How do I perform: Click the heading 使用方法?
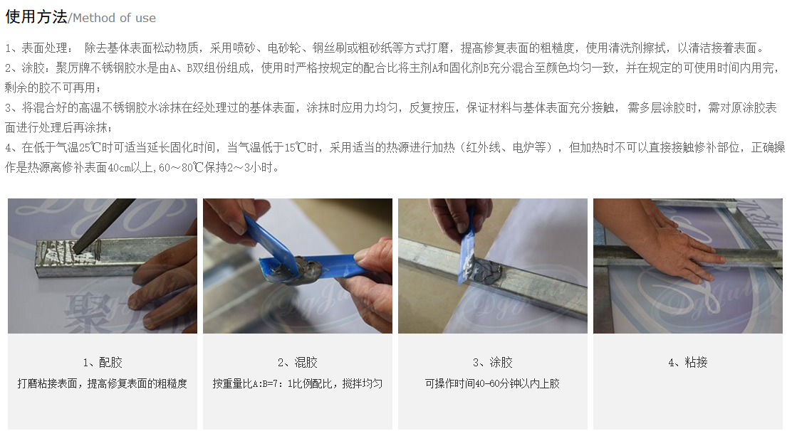point(36,16)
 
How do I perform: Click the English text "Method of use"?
point(114,18)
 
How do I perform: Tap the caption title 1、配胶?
point(103,363)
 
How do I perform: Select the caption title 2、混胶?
point(298,363)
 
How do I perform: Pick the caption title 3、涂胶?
point(492,363)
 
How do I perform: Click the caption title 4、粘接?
point(687,363)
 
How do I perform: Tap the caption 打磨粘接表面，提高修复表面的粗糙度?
point(103,383)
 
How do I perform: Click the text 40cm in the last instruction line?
point(119,168)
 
